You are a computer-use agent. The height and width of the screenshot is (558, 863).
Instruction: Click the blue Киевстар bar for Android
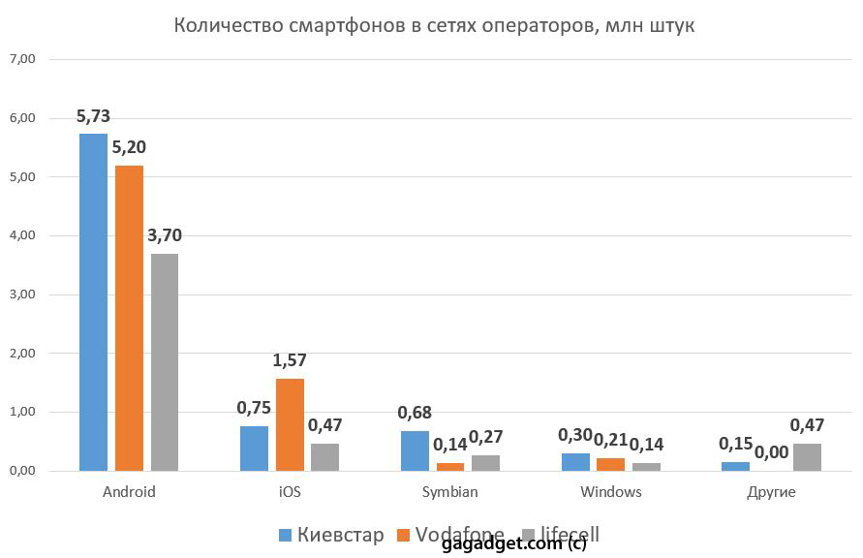tap(93, 302)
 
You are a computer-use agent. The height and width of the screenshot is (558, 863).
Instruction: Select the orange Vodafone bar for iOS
tap(290, 424)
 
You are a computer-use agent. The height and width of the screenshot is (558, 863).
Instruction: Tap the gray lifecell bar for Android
tap(165, 362)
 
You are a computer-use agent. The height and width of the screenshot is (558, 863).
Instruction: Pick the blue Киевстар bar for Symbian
tap(415, 451)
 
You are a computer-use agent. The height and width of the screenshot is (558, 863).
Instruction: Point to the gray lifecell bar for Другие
tap(807, 457)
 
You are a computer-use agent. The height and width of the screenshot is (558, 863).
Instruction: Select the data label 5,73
tap(93, 117)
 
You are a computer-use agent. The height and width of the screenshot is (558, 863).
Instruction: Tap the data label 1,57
tap(290, 361)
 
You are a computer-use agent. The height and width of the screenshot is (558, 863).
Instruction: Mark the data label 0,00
tap(772, 451)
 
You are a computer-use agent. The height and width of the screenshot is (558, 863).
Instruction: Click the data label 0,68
tap(416, 414)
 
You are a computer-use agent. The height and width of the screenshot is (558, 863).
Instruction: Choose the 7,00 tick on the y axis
tap(21, 59)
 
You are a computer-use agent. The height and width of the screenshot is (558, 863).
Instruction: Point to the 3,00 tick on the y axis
tap(21, 294)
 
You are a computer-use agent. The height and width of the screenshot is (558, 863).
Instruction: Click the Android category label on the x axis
tap(129, 492)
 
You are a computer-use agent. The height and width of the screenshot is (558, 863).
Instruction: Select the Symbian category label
tap(449, 492)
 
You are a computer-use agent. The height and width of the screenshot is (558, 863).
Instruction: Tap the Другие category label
tap(772, 492)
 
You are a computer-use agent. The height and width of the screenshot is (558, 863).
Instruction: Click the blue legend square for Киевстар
tap(286, 535)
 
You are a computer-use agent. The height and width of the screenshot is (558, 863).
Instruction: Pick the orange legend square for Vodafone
tap(403, 535)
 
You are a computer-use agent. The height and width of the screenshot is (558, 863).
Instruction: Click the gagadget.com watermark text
tap(513, 543)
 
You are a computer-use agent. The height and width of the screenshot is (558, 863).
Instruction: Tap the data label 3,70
tap(165, 234)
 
